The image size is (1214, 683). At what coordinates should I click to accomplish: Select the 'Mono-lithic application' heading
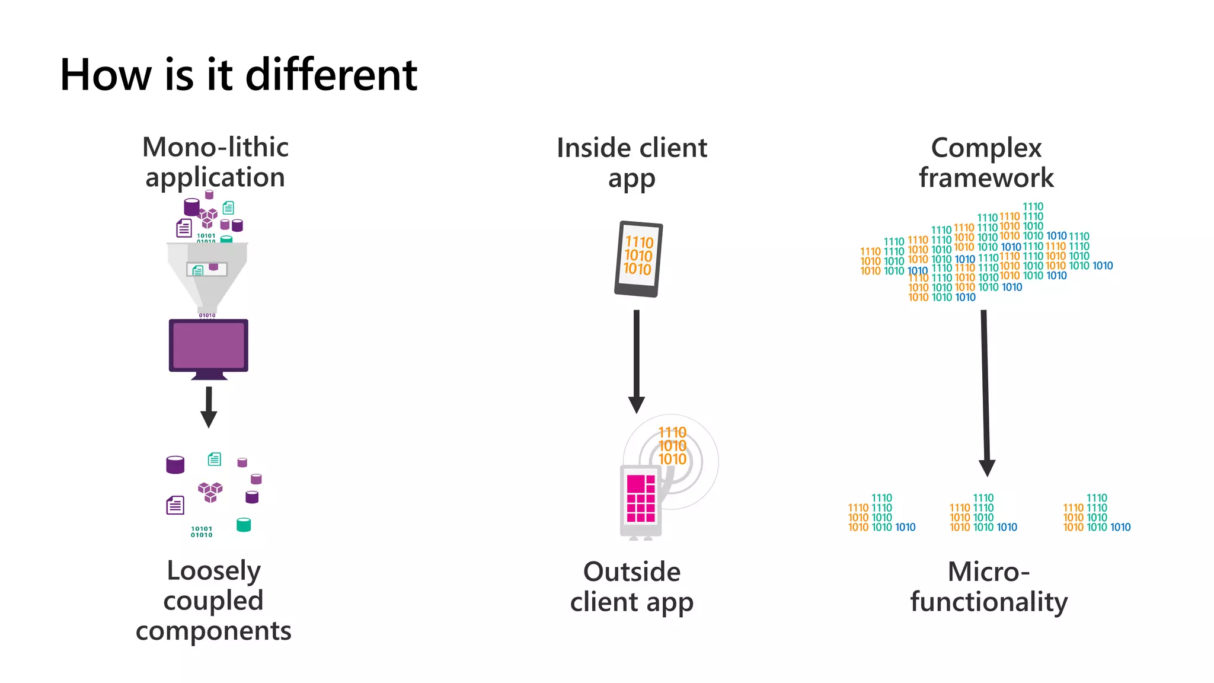click(215, 162)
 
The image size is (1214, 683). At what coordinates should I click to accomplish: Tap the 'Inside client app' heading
click(632, 163)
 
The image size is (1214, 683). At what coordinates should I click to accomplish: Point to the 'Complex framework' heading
click(986, 163)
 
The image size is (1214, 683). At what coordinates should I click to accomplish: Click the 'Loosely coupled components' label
click(213, 601)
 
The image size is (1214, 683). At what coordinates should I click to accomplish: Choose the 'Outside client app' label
click(632, 587)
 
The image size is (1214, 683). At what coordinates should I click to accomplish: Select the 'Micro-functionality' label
click(989, 587)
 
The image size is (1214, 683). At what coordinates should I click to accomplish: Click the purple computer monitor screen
click(209, 346)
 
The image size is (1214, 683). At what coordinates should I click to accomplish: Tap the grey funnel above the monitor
click(207, 273)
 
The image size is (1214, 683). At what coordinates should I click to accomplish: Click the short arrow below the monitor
click(209, 407)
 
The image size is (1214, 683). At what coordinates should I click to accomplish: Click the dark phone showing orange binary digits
click(638, 258)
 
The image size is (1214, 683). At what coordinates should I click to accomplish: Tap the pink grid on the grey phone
click(641, 498)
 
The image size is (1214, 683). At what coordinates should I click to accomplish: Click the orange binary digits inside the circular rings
click(672, 446)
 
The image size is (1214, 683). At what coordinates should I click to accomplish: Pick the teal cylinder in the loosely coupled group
click(244, 525)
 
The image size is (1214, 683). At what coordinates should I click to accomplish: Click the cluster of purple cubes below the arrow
click(210, 491)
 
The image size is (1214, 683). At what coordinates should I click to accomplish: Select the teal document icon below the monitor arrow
click(215, 459)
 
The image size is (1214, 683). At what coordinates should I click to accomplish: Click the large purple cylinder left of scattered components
click(175, 465)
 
